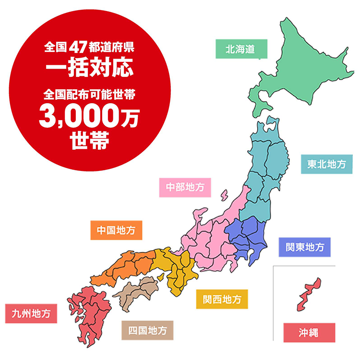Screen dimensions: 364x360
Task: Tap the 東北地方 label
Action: (x=326, y=164)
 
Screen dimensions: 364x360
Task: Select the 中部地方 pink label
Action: (x=185, y=187)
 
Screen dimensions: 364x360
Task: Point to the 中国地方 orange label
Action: (x=116, y=230)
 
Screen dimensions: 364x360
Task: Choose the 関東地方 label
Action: (x=305, y=247)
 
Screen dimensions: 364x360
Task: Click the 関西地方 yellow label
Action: (x=222, y=299)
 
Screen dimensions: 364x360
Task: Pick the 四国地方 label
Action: (x=147, y=330)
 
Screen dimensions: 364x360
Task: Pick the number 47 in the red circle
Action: (x=77, y=48)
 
